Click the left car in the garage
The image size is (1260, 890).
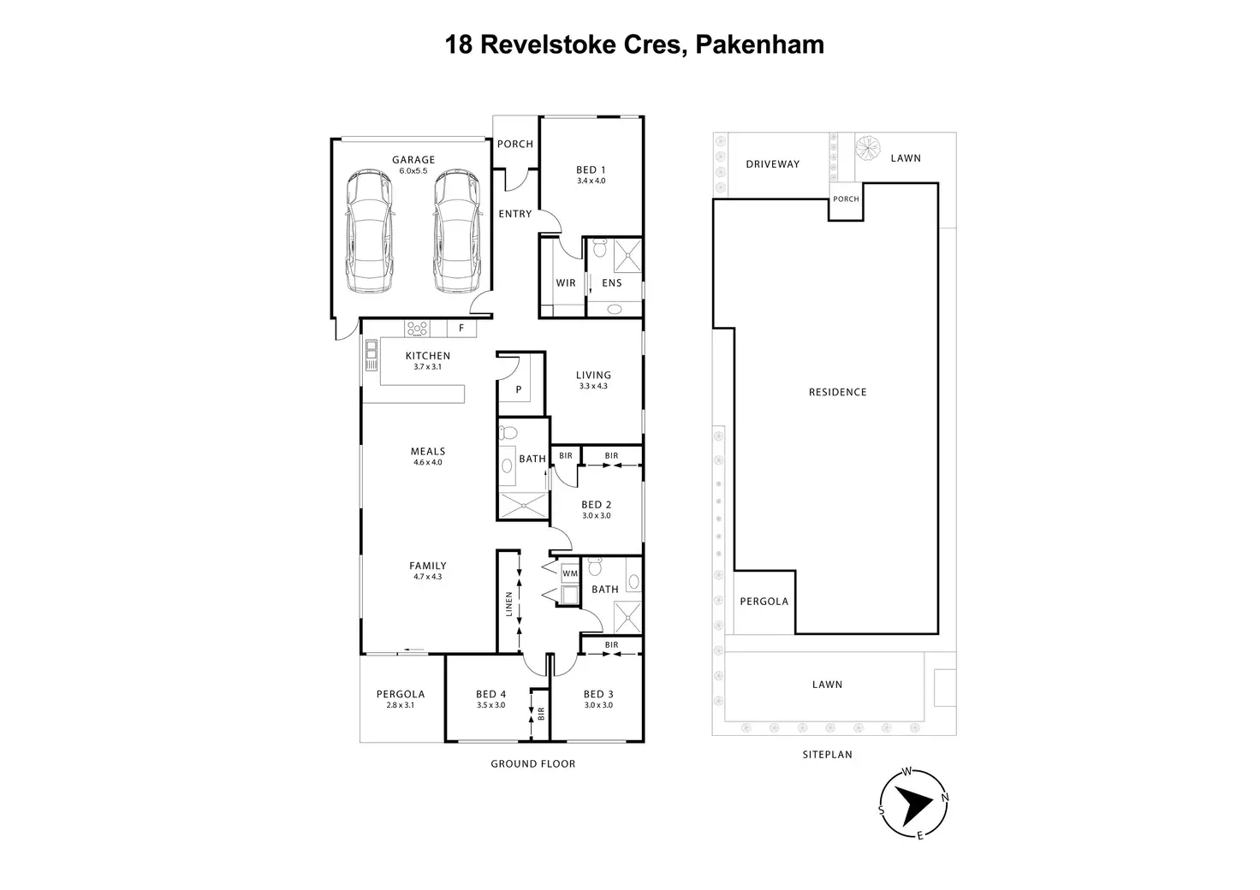369,231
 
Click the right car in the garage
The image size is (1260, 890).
458,231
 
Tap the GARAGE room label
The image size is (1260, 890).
413,160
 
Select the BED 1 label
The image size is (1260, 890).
591,169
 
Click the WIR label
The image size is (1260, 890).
566,282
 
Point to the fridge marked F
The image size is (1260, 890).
461,328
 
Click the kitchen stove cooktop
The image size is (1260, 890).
418,329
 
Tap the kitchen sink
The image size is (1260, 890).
371,355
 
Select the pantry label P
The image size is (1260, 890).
519,389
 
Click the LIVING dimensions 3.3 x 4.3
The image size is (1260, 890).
593,386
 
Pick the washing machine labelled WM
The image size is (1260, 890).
570,573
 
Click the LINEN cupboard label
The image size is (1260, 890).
509,604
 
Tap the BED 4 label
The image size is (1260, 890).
490,694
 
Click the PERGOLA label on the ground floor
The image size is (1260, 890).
401,694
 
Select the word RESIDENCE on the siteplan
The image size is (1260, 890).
837,393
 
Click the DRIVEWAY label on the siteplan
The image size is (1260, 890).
772,164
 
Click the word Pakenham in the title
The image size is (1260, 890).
760,45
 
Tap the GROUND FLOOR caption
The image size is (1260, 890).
532,763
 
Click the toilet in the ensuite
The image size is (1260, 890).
600,247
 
